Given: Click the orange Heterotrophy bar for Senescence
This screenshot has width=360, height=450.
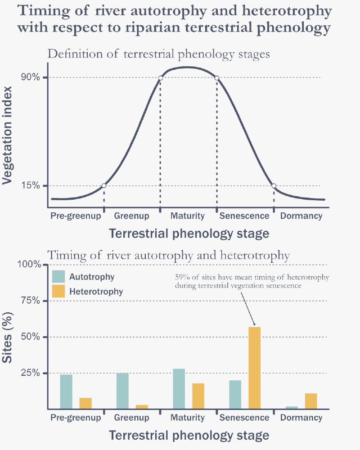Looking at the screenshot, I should pos(254,368).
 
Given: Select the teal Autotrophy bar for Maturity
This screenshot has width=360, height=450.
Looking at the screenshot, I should pos(179,389).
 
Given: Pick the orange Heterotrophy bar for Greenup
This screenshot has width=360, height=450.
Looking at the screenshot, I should pos(142,407).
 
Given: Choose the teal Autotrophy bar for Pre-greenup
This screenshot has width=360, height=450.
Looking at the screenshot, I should pos(66,391).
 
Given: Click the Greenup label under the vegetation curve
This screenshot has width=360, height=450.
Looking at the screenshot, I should pos(131,216).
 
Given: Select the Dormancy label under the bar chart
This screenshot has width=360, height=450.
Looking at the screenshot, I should pos(301,418).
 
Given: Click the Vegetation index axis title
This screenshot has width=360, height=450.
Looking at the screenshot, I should pos(8,135).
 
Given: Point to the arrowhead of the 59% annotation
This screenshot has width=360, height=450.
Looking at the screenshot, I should pos(254,324).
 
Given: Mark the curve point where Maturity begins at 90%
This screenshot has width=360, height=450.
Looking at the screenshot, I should pos(161,78).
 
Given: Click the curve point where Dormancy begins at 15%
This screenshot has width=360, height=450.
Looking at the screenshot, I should pos(273,185).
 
